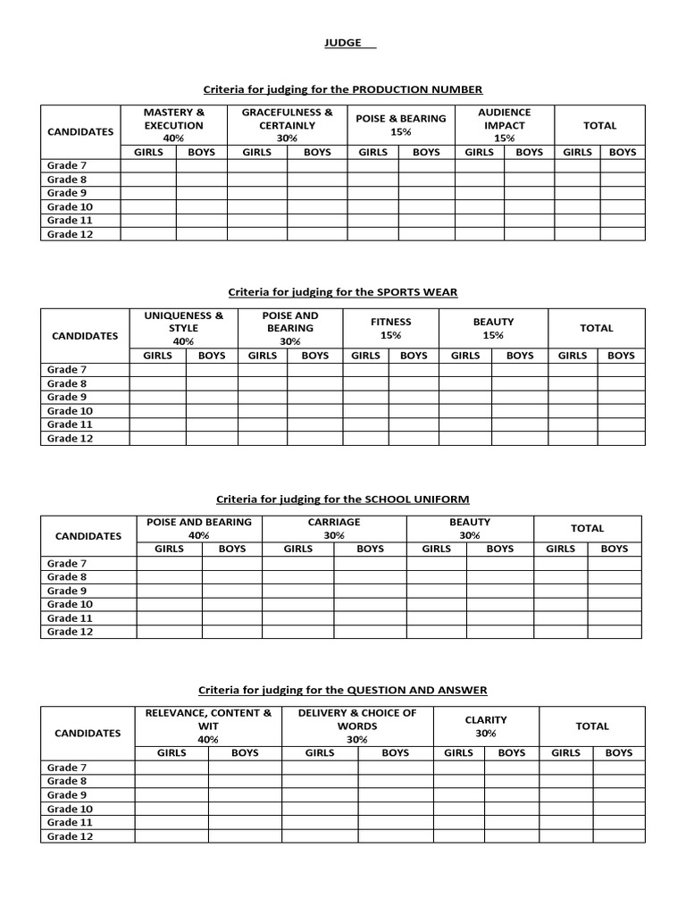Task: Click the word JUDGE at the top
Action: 335,43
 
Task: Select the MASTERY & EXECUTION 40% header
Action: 174,125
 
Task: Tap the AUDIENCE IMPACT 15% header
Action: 504,125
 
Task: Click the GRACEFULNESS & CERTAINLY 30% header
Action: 287,125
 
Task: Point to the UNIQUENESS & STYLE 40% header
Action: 183,328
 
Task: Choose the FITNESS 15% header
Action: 390,328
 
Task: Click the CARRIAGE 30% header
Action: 334,528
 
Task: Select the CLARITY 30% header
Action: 486,726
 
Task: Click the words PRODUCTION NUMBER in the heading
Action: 417,89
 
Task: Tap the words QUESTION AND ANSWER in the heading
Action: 417,690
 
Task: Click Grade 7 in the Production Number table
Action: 67,165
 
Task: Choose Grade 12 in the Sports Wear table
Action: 70,439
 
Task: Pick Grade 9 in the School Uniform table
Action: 67,591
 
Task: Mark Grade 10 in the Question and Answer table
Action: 70,809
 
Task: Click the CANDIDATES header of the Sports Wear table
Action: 85,336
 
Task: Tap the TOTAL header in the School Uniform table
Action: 587,528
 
